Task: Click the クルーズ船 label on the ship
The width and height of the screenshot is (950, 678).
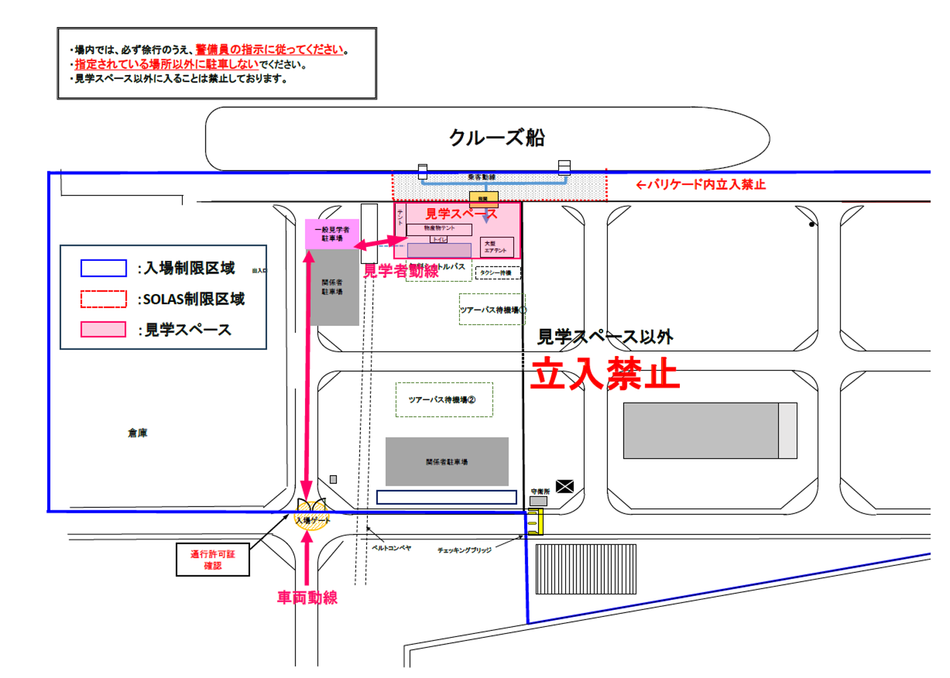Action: [496, 137]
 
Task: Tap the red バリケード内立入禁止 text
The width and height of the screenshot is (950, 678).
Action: [701, 185]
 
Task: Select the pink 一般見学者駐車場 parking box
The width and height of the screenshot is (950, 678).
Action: [332, 234]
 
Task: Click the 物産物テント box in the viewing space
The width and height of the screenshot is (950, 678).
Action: [439, 229]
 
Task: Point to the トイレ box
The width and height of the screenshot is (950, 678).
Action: [439, 239]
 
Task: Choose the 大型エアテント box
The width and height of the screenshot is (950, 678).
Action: [496, 247]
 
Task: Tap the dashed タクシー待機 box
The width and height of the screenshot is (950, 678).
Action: [498, 273]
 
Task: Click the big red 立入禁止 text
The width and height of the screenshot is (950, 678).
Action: [605, 374]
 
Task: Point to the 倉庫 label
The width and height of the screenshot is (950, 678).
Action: [137, 433]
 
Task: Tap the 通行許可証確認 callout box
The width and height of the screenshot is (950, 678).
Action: [213, 560]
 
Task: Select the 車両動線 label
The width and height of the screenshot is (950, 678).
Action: [307, 597]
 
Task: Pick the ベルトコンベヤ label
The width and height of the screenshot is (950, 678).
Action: [391, 548]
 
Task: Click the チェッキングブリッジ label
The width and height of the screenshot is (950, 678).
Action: [464, 551]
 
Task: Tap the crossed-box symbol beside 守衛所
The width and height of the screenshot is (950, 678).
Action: [565, 486]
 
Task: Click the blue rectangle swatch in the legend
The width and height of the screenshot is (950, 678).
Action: [103, 268]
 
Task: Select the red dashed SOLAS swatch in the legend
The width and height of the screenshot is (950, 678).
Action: [103, 299]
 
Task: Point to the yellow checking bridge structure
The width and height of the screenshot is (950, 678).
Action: [535, 522]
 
